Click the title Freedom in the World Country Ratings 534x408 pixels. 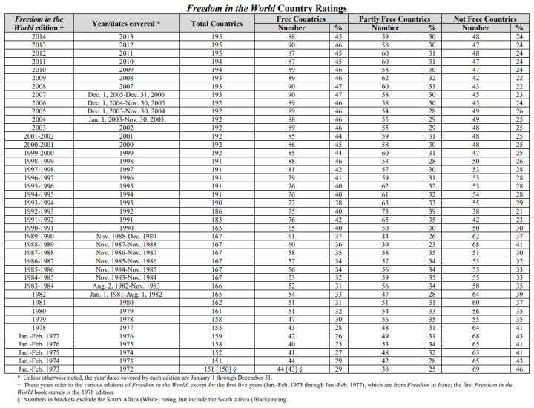268,7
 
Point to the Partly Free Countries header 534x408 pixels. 394,19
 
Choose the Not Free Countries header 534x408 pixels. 485,19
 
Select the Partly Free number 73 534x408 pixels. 385,211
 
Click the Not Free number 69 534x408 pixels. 475,368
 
